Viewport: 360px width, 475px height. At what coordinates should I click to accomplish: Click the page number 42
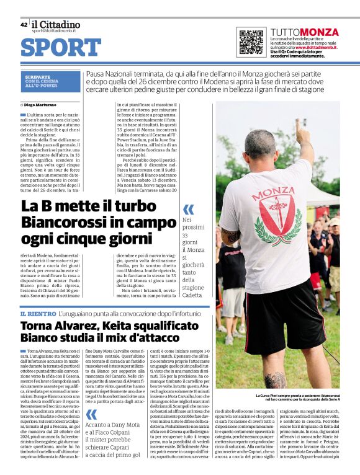pyautogui.click(x=24, y=25)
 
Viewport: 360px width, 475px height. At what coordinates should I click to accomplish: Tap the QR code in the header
pyautogui.click(x=251, y=42)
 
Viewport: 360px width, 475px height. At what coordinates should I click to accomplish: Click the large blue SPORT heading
pyautogui.click(x=61, y=48)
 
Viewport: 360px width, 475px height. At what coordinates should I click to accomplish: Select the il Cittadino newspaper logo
pyautogui.click(x=56, y=24)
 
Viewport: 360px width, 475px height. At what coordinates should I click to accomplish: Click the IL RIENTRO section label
pyautogui.click(x=40, y=315)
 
